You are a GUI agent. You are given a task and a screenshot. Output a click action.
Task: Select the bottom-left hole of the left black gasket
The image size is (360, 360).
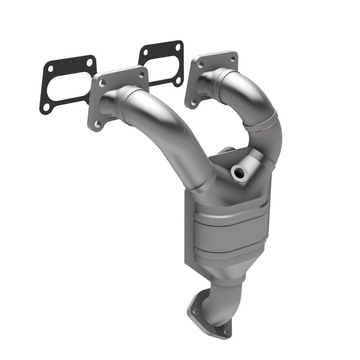pos(46,108)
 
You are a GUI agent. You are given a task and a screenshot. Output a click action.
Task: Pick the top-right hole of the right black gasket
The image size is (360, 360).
pos(178,47)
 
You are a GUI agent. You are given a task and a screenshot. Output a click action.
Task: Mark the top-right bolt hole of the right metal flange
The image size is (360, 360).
pos(232,58)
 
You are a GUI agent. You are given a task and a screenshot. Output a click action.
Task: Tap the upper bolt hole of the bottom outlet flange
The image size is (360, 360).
pos(195,311)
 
